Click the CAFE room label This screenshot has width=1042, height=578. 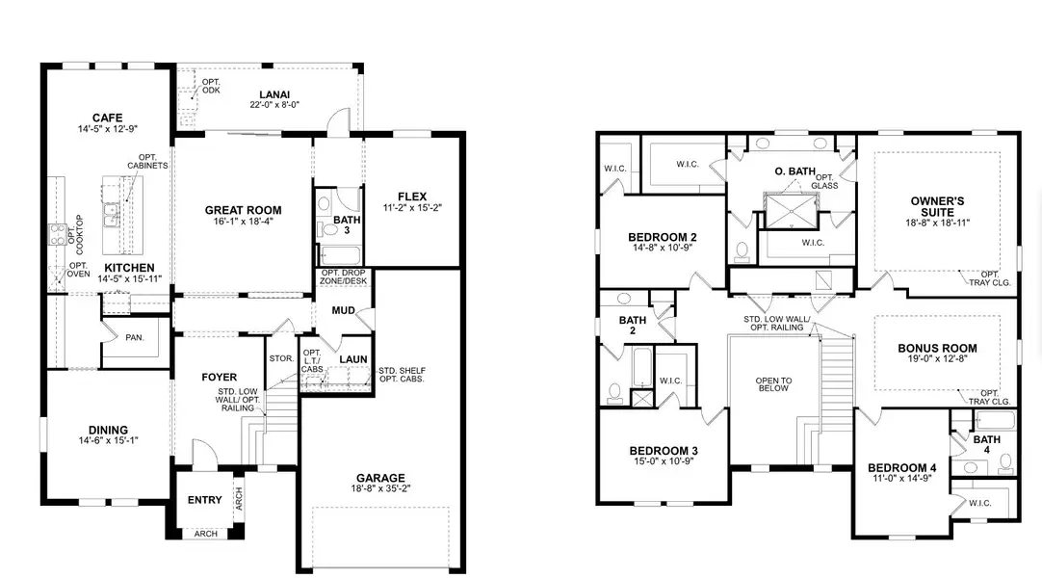point(107,117)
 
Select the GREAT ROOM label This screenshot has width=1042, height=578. point(243,210)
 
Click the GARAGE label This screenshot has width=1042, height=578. point(380,478)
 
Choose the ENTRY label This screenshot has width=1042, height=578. point(204,500)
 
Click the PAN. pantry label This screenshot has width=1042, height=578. point(134,337)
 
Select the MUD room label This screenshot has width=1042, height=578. point(344,310)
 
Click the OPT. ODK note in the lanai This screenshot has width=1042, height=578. point(210,87)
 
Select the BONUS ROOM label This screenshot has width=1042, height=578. point(937,349)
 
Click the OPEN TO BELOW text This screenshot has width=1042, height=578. point(772,382)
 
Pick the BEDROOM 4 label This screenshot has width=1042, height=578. point(901,468)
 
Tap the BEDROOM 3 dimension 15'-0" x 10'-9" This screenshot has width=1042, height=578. point(663,463)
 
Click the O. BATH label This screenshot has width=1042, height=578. point(795,171)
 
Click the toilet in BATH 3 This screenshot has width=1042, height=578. point(325,205)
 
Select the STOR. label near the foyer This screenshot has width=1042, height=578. point(281,358)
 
